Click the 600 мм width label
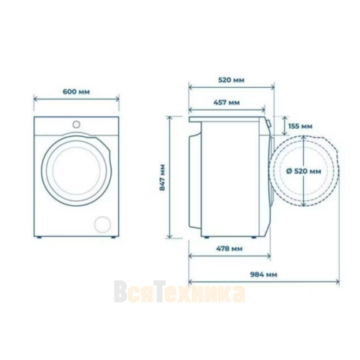click(76, 91)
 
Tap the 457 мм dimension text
click(227, 102)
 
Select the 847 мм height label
click(163, 177)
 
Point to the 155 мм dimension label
click(300, 126)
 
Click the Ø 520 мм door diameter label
click(304, 171)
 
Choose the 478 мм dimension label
click(229, 248)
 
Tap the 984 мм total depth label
click(264, 274)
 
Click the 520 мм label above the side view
click(231, 80)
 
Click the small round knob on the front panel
click(76, 125)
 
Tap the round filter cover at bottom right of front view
click(103, 225)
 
